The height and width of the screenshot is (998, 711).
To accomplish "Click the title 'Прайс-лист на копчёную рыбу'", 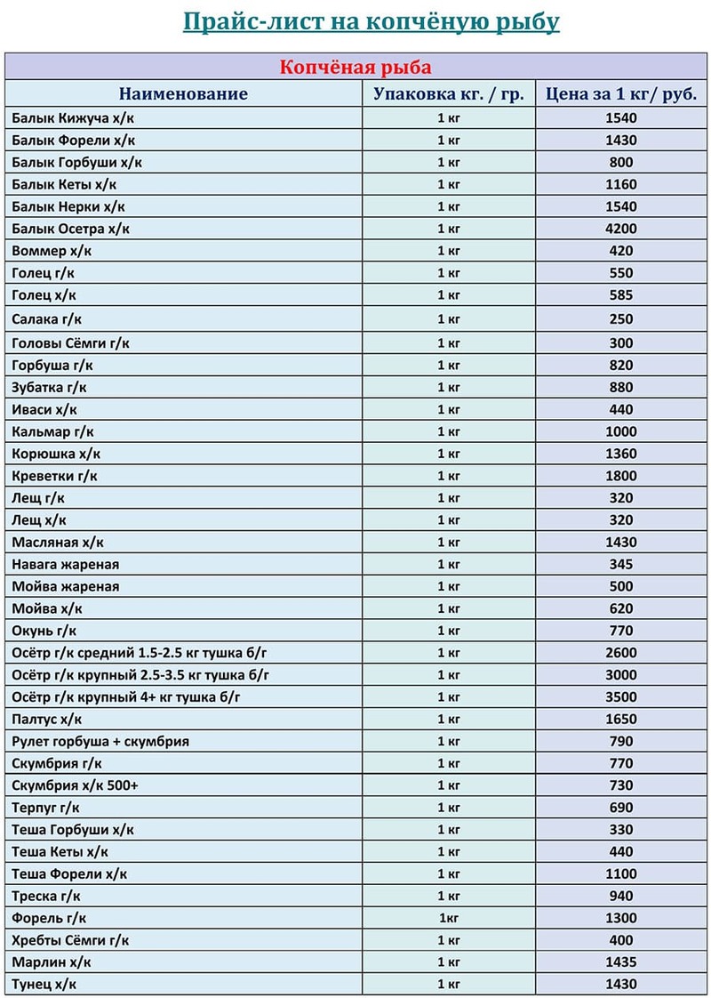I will (371, 21).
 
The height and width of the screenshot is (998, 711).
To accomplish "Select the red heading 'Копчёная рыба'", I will (355, 68).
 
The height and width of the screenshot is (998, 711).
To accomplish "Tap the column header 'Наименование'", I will (184, 94).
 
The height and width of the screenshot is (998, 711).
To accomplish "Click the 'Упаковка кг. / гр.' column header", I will (449, 94).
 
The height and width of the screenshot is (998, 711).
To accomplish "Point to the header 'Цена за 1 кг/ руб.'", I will (621, 94).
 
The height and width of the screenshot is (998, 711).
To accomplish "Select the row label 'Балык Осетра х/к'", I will (71, 229).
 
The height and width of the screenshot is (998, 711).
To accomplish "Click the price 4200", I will (621, 229).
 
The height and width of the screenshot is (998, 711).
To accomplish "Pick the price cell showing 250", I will (621, 319).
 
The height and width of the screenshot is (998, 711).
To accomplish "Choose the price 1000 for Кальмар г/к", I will (621, 431).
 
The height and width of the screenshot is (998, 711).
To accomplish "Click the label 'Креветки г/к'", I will (55, 476).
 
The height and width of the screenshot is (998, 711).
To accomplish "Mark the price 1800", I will (621, 476).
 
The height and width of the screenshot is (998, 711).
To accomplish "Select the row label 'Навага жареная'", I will (66, 564).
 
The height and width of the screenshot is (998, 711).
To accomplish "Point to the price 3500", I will (621, 697).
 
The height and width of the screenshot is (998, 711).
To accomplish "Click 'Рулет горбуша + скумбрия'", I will (100, 741).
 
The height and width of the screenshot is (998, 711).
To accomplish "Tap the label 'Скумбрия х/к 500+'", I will (75, 785).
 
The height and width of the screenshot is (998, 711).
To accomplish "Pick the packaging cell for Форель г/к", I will (449, 918).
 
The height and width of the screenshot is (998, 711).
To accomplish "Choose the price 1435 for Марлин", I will (621, 962).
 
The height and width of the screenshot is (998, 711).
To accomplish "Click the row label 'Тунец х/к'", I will (44, 985).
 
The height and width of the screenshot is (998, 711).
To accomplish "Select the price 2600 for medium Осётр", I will (621, 653).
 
